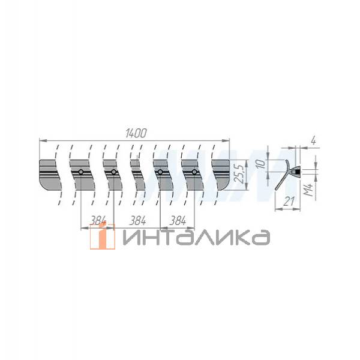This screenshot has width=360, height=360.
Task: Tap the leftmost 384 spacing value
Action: [97, 220]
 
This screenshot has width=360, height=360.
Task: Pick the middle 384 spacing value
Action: [138, 220]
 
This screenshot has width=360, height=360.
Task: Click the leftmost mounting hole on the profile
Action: [80, 173]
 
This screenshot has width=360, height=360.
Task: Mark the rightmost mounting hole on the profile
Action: [194, 173]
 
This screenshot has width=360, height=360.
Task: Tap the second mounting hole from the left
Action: [113, 173]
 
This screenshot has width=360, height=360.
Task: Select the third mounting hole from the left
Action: [160, 173]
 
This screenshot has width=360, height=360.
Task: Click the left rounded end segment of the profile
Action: [50, 174]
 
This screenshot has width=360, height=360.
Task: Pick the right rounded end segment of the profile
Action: [221, 174]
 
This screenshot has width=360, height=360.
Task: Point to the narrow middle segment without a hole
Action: [137, 174]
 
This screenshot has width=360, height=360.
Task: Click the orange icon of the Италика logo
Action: [102, 237]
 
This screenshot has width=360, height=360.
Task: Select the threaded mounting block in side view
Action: [295, 172]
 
